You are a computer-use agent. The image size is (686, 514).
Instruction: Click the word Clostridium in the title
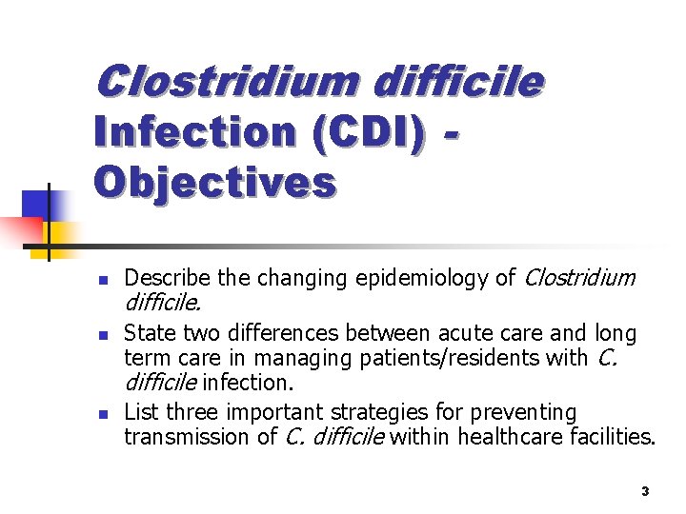(x=225, y=82)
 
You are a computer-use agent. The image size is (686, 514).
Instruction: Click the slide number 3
(x=645, y=491)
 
